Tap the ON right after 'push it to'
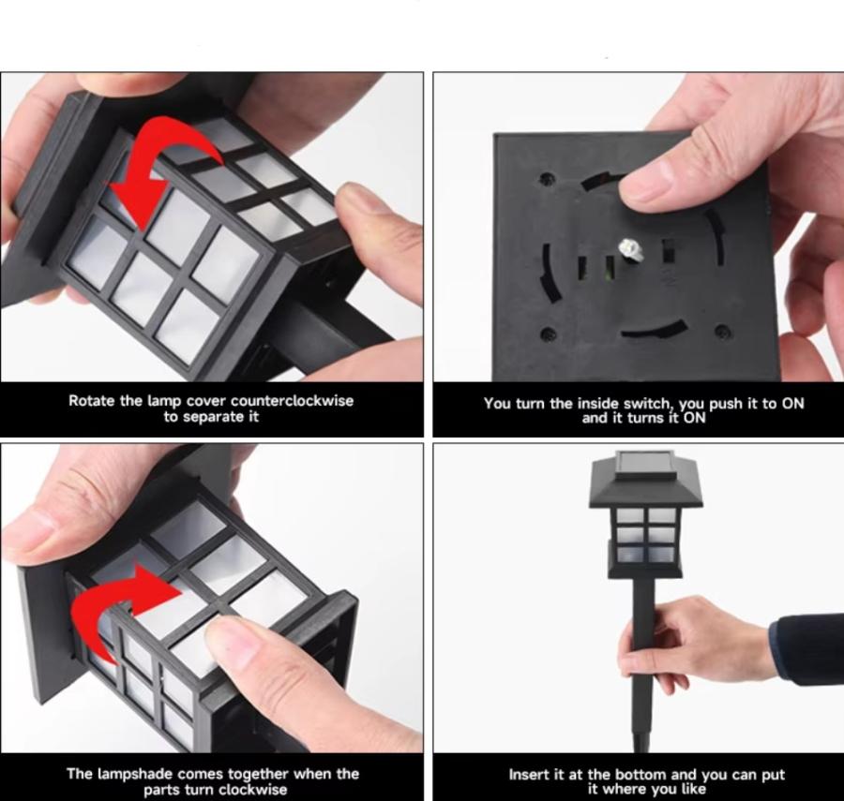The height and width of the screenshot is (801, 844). (x=792, y=403)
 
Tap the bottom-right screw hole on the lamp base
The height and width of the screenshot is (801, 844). (x=723, y=330)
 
